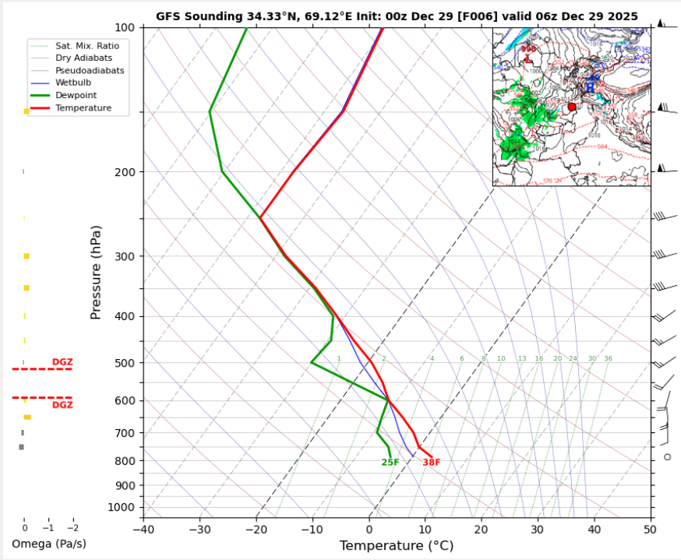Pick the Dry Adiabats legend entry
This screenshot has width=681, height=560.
[x=79, y=58]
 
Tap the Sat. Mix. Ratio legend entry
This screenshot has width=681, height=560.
[x=83, y=46]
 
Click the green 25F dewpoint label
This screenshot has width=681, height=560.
[x=390, y=463]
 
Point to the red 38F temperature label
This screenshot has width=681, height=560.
[x=432, y=463]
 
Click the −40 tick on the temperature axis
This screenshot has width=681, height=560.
[x=143, y=529]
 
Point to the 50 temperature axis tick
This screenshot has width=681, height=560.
[x=651, y=529]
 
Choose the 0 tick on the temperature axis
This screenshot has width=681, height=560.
[x=369, y=529]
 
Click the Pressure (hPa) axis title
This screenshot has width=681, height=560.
[x=97, y=273]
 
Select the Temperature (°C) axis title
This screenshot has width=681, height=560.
[x=397, y=546]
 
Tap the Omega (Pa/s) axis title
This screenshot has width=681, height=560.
[x=48, y=544]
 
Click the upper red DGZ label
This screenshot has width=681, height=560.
[x=62, y=362]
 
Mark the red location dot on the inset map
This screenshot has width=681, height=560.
[x=572, y=107]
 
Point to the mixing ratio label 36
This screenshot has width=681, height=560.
[x=608, y=359]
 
